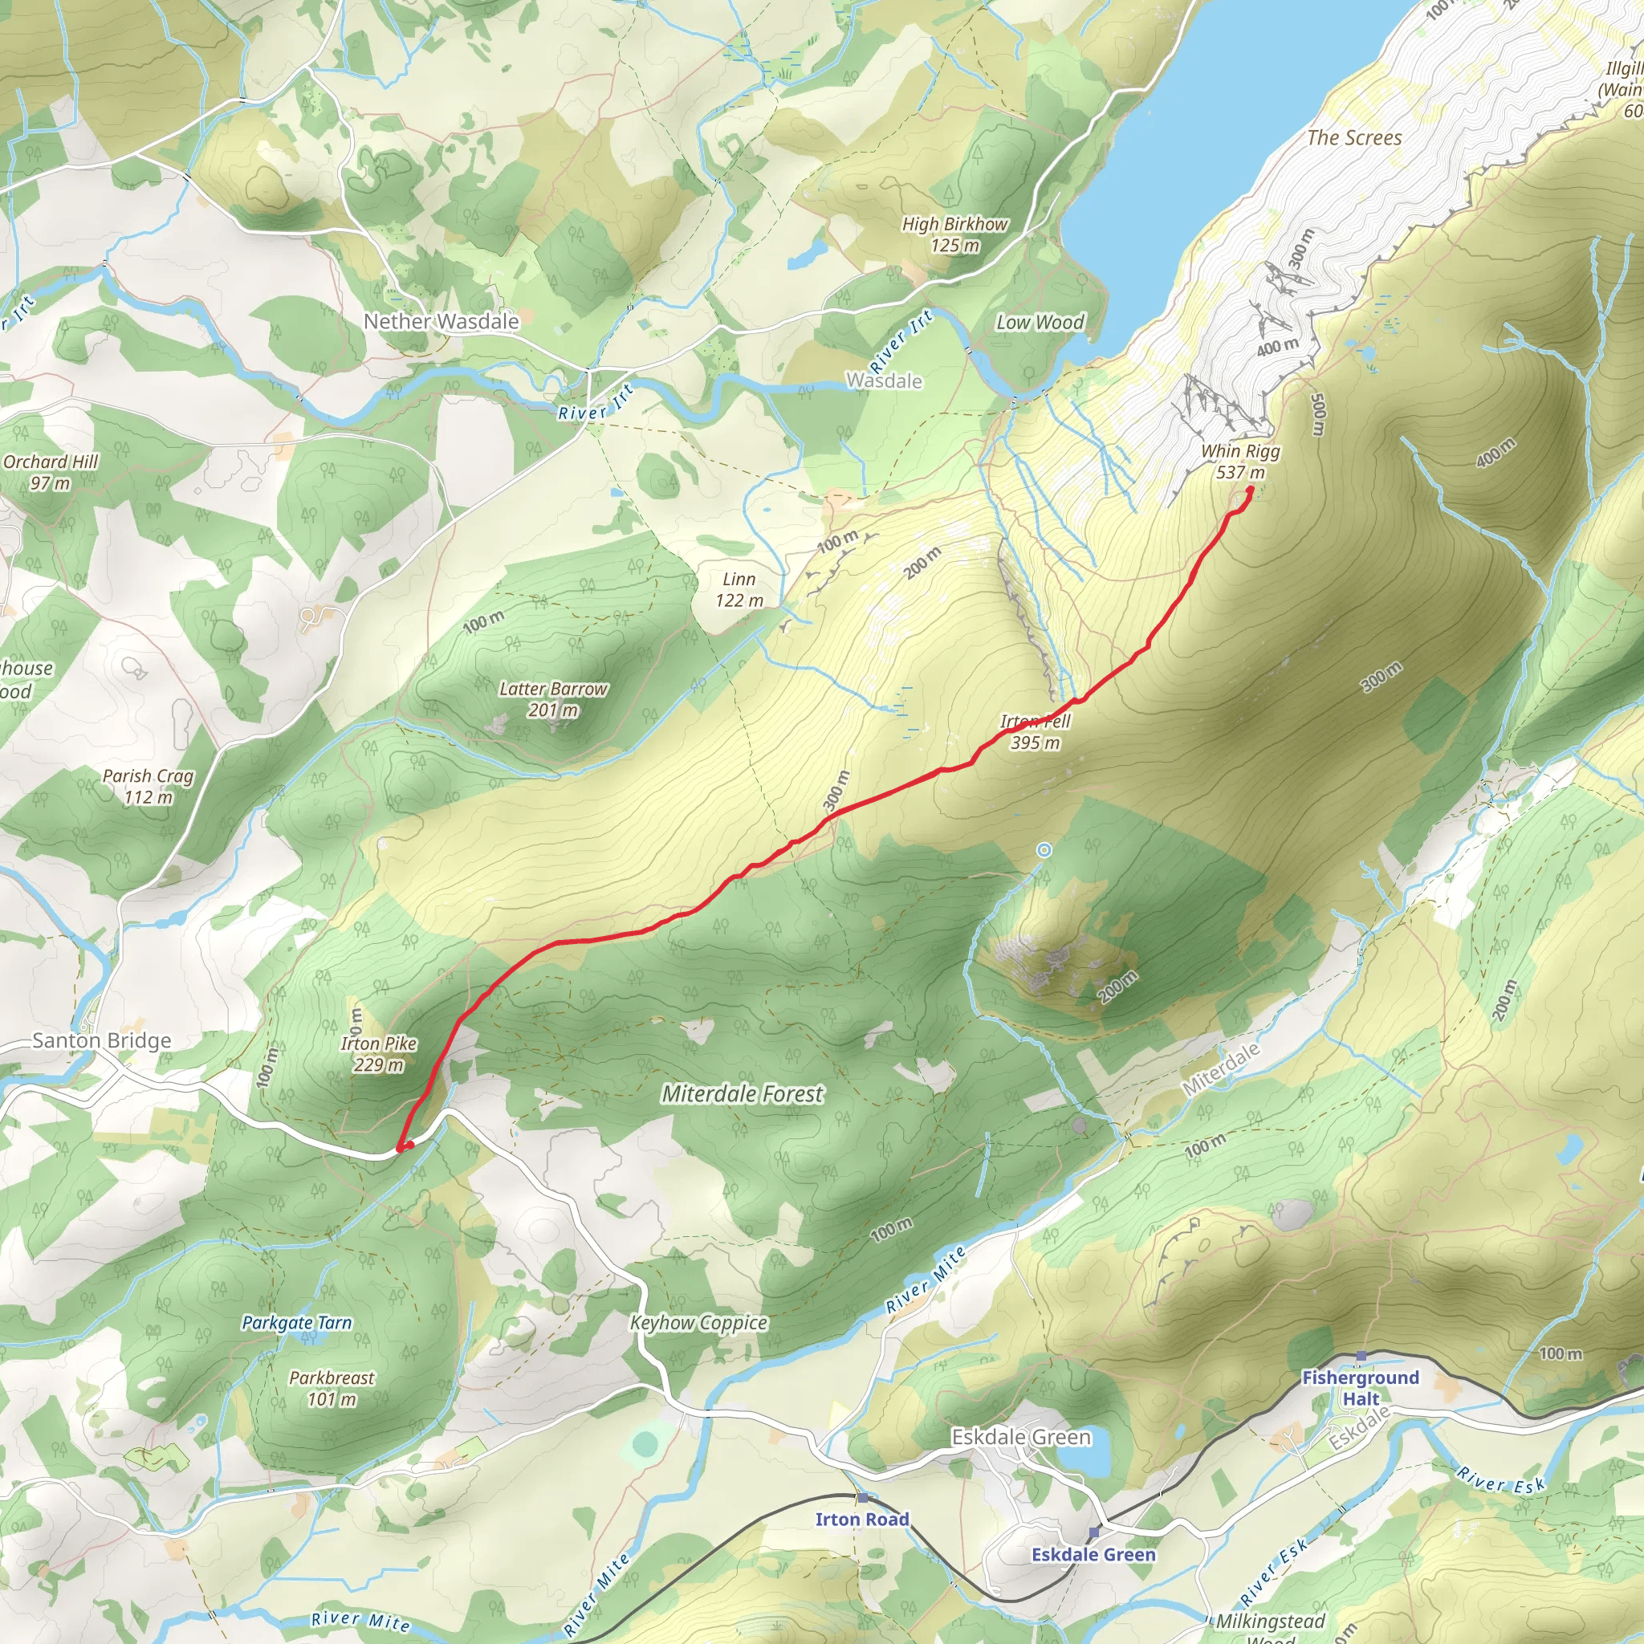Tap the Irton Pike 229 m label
click(379, 1053)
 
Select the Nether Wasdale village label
click(441, 322)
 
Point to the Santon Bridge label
click(101, 1040)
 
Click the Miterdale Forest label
click(742, 1093)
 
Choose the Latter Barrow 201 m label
click(553, 699)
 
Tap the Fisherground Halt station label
click(1361, 1388)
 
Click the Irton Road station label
click(862, 1519)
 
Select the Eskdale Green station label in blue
click(1093, 1555)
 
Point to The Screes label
click(1354, 138)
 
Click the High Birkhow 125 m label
click(954, 235)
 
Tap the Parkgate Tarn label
click(296, 1322)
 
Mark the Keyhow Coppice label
click(698, 1322)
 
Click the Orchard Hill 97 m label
click(51, 472)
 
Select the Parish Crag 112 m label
click(148, 786)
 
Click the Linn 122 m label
click(739, 590)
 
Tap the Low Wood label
click(1040, 323)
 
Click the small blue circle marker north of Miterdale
click(1044, 850)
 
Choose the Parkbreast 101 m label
click(332, 1388)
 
